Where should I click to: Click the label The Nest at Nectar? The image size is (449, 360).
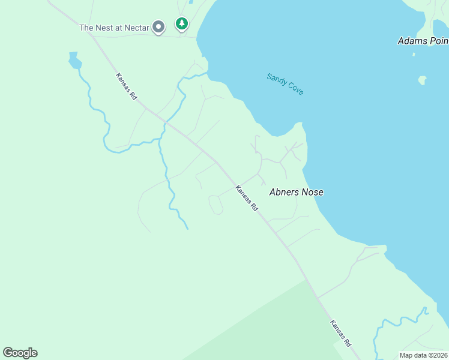114,28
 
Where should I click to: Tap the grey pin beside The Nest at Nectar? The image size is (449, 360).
158,27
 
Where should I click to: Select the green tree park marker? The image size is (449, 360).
181,24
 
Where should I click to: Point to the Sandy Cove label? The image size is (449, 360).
285,84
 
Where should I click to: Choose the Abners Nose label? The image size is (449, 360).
297,192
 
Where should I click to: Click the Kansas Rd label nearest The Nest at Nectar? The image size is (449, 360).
127,86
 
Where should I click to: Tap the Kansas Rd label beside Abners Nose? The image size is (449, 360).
247,198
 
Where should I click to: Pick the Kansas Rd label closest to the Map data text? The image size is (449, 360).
340,333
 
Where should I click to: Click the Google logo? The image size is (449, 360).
20,352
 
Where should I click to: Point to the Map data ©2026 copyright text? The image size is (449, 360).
423,355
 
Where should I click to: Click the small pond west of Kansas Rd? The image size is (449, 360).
74,60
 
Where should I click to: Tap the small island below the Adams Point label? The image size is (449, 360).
423,80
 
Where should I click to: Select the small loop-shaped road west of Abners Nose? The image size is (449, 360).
215,205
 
